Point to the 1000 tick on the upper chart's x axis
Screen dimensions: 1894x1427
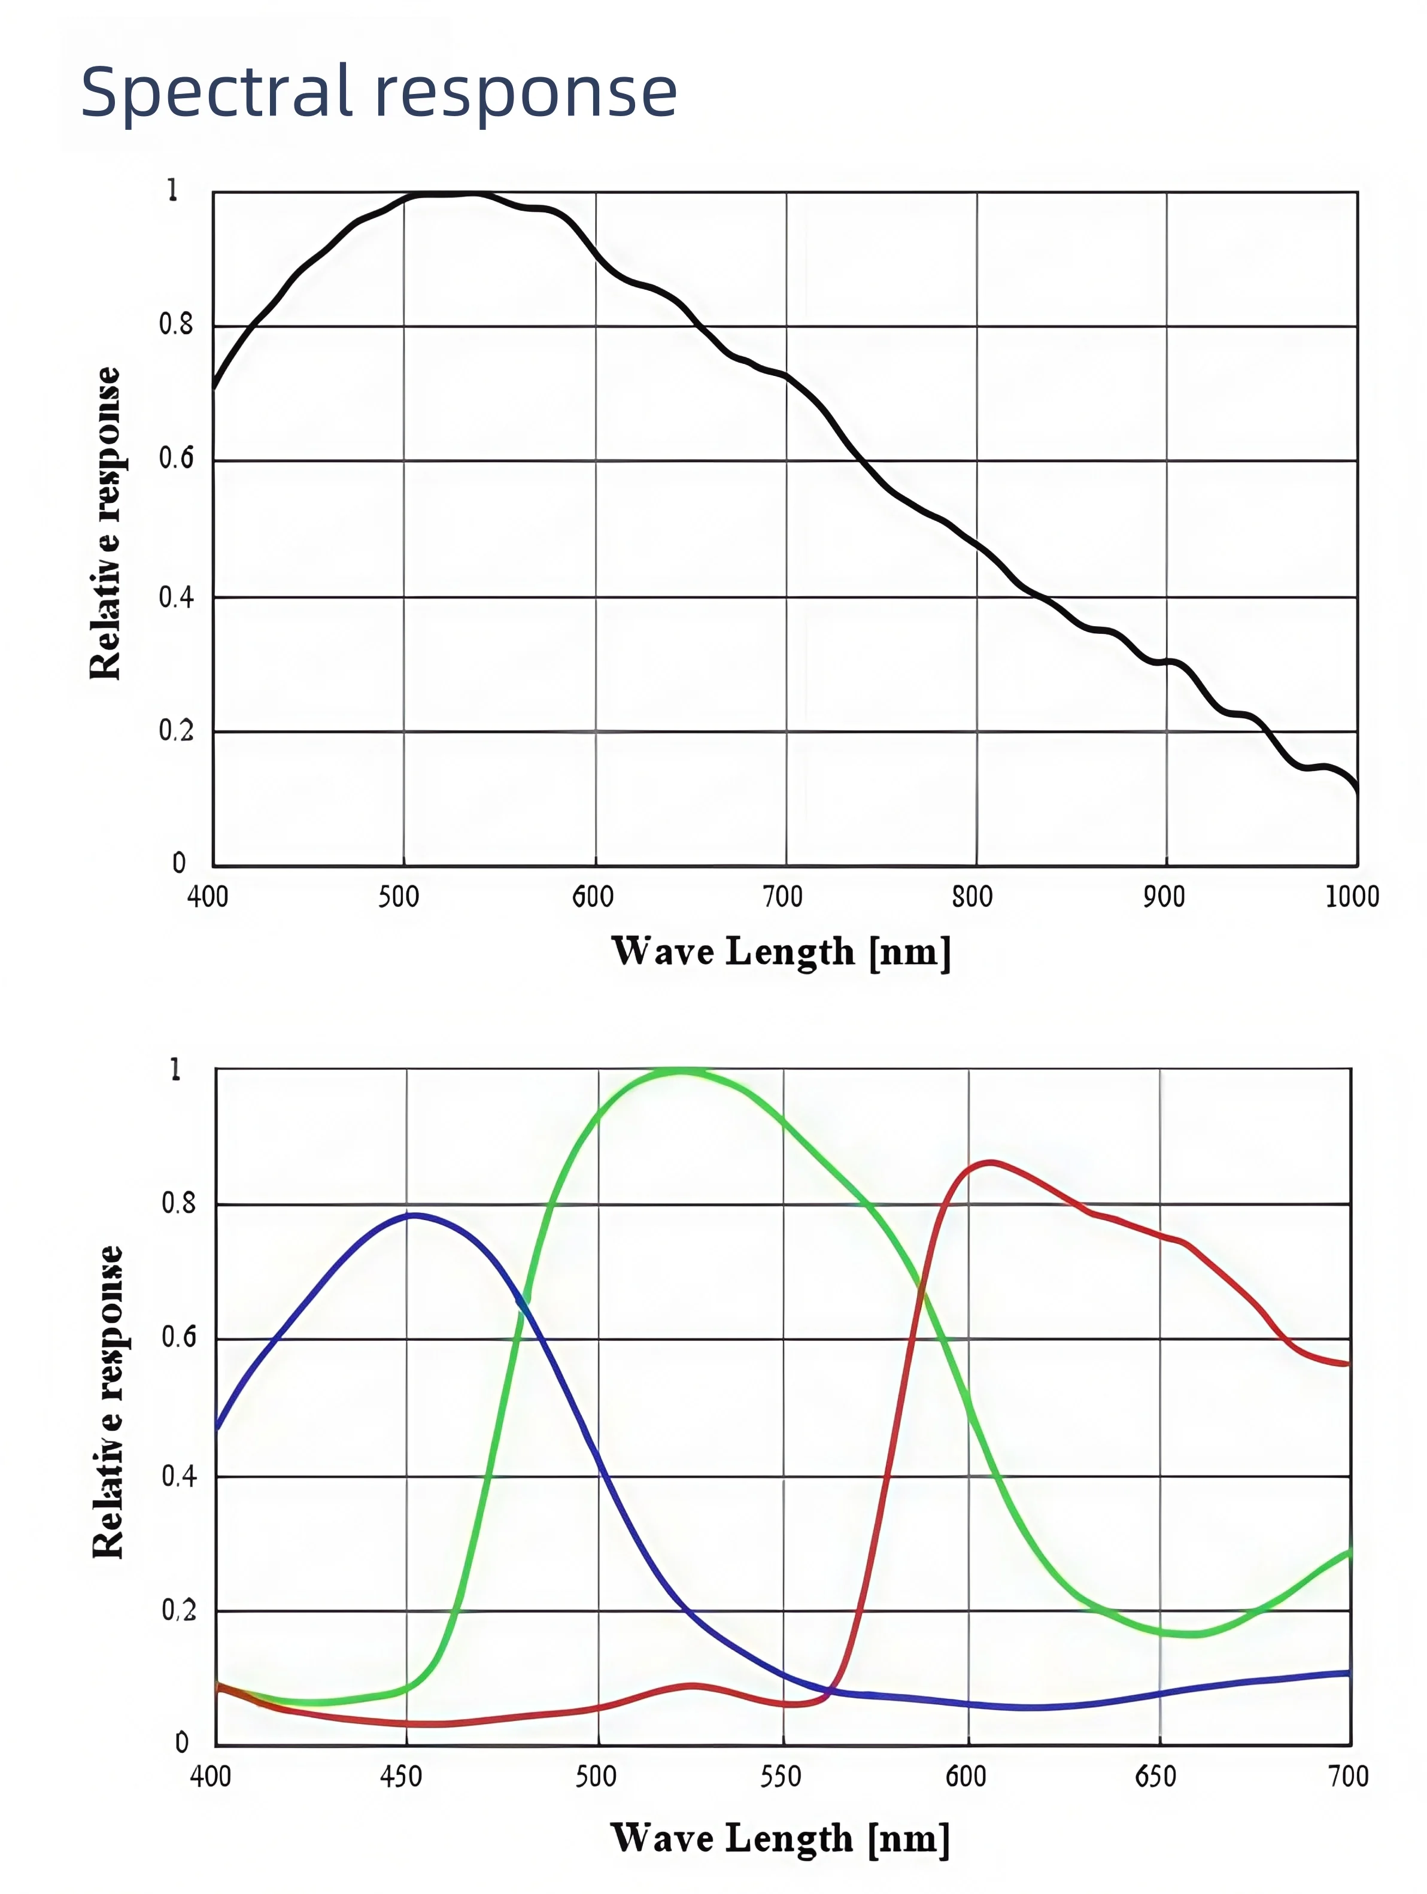pyautogui.click(x=1352, y=897)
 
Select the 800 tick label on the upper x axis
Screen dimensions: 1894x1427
pyautogui.click(x=971, y=897)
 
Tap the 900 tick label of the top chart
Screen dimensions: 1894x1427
pyautogui.click(x=1164, y=897)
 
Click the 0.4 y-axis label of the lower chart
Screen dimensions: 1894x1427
pyautogui.click(x=179, y=1476)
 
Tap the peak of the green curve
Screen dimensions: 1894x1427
pyautogui.click(x=681, y=1070)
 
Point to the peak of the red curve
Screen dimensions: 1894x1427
pyautogui.click(x=991, y=1162)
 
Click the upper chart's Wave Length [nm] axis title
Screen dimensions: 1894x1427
pyautogui.click(x=780, y=952)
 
